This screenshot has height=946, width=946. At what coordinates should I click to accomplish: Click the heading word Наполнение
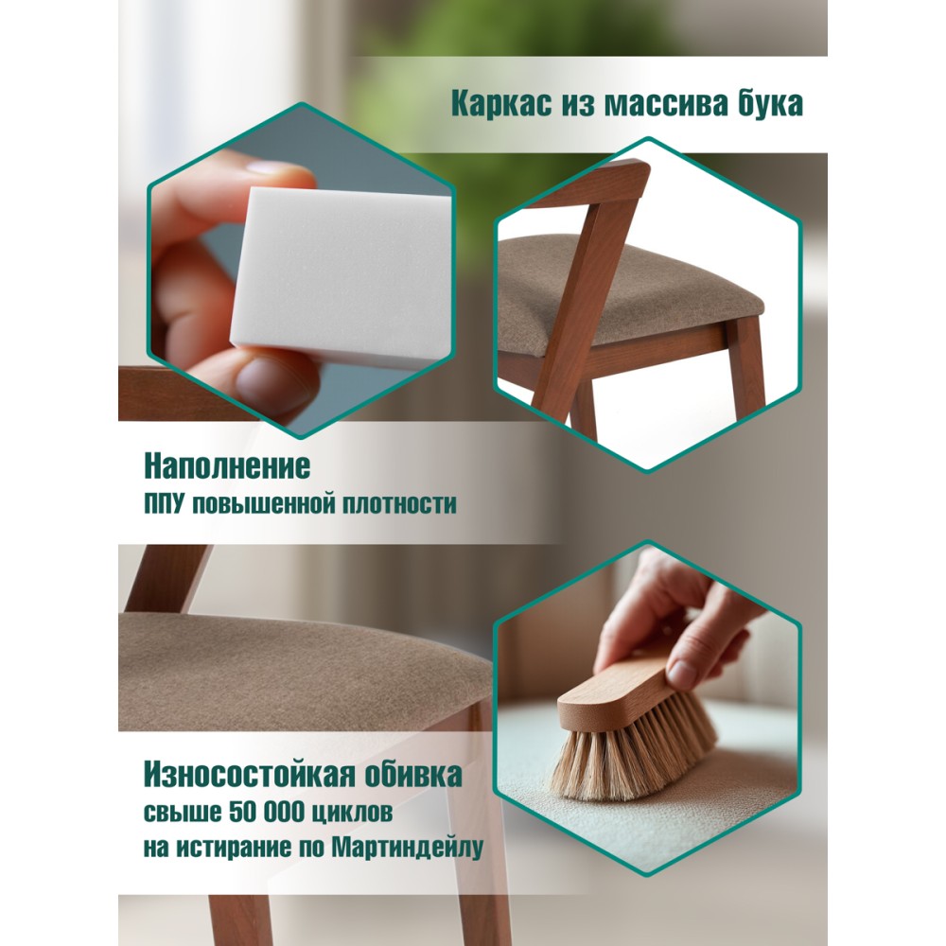227,466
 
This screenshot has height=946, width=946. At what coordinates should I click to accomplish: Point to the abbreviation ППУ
163,504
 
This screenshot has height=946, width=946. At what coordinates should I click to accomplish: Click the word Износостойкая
243,774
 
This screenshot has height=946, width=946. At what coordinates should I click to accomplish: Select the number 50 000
267,812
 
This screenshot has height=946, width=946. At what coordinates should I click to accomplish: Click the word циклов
353,813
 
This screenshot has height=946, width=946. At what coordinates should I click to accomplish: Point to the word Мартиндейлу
407,848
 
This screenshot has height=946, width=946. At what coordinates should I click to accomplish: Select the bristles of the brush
634,751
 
